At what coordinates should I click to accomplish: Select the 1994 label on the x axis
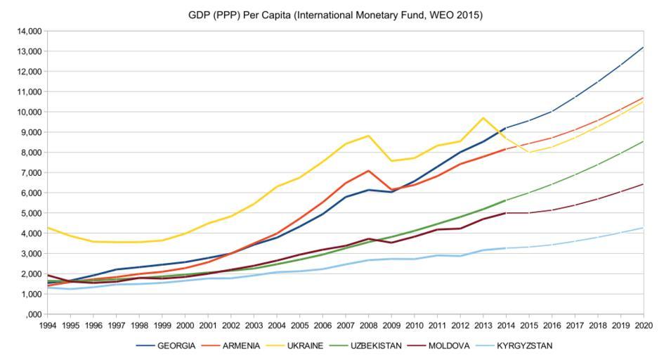click(48, 326)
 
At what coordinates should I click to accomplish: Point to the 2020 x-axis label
click(644, 326)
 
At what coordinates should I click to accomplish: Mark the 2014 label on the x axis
click(506, 326)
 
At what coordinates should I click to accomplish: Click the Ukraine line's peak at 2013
click(483, 118)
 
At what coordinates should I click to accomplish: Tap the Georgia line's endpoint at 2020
click(644, 47)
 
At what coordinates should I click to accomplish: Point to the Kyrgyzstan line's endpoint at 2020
click(644, 227)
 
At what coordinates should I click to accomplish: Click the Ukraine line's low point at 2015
click(529, 152)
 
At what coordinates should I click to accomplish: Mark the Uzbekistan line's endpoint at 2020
click(644, 141)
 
